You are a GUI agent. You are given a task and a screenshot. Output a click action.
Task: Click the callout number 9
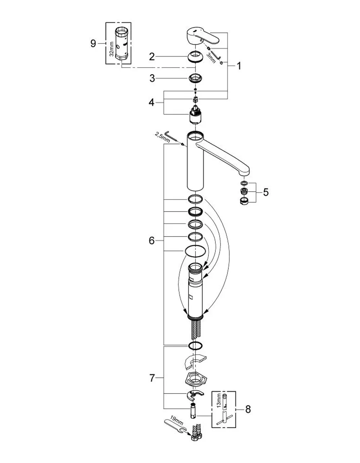tap(93, 44)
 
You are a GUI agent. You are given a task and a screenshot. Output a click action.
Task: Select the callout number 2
tap(152, 57)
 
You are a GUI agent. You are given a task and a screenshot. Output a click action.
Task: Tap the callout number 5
tap(266, 192)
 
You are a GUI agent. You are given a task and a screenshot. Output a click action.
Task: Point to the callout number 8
tap(248, 409)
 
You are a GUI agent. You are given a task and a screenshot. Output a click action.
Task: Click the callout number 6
tap(152, 241)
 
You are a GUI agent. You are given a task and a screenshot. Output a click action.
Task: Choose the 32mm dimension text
tap(112, 49)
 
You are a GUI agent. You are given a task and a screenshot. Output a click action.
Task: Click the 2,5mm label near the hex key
tap(162, 137)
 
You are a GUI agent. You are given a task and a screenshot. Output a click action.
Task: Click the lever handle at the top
tap(202, 37)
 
